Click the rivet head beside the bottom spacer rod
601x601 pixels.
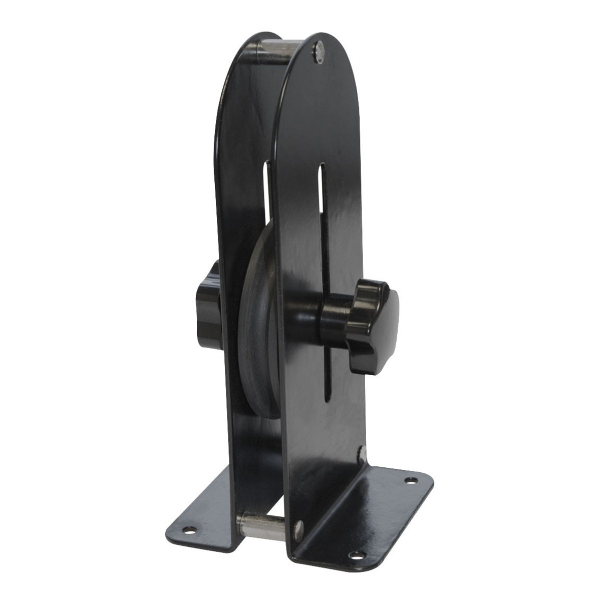pyautogui.click(x=299, y=529)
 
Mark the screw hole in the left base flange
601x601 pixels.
pyautogui.click(x=189, y=529)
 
